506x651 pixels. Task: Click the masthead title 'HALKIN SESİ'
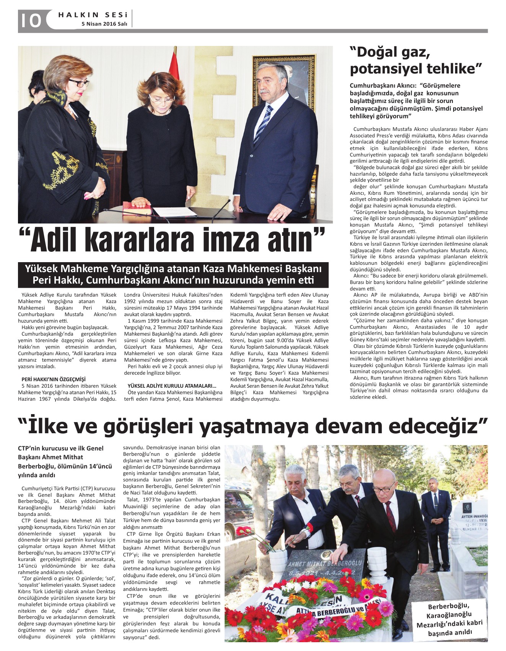pos(93,15)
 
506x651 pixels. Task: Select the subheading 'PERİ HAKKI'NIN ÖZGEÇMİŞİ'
pos(54,379)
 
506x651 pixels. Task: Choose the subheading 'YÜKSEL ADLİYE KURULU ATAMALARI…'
pos(172,386)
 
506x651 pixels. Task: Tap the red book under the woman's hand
pos(137,210)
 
